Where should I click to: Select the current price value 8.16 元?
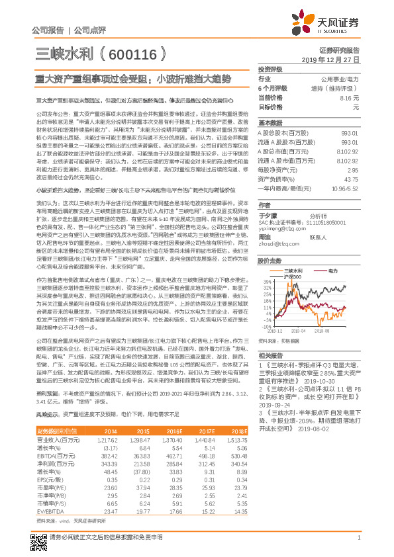click(350, 97)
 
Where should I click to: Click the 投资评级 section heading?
click(270, 69)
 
